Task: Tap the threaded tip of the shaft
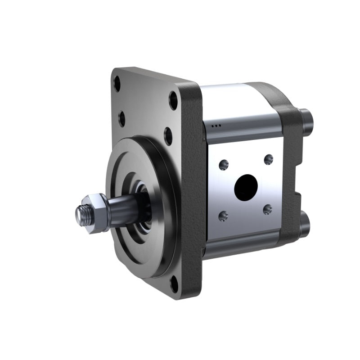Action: tap(80, 215)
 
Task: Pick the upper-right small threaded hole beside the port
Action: tap(268, 159)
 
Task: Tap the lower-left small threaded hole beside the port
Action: tap(224, 216)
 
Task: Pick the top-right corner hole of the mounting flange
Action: tap(173, 100)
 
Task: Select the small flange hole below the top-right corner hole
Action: tap(168, 136)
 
